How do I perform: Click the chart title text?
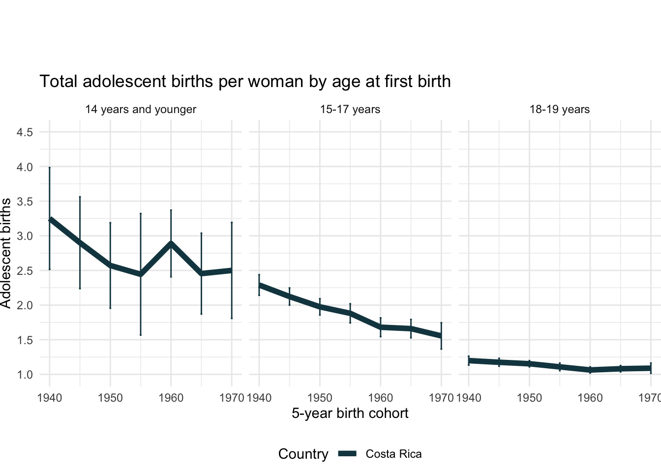245,82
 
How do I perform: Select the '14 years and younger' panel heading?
141,110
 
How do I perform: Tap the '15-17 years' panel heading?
350,110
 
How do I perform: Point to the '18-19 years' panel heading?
560,110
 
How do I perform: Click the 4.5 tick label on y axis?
25,133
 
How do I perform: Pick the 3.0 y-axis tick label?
25,236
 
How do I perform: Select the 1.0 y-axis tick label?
25,375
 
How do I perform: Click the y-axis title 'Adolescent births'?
6,253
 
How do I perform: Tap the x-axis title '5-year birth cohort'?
350,413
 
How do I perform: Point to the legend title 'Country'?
303,454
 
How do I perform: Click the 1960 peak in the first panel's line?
171,243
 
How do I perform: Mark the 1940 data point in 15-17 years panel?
259,285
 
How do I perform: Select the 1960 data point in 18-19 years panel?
590,370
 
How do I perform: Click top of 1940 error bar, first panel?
50,168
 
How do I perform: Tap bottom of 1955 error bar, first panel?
141,335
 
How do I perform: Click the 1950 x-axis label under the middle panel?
320,398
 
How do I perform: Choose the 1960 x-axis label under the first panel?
171,398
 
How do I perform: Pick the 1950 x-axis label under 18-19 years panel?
529,398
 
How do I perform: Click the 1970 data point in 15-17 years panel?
441,336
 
